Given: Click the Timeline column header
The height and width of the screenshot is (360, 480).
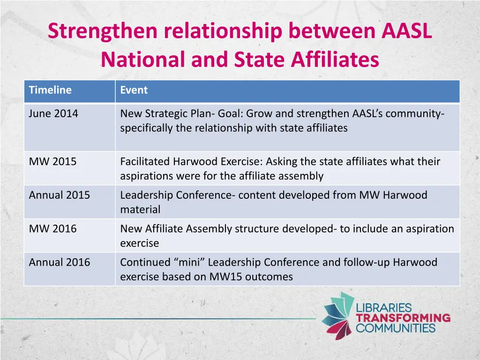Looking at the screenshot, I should point(50,90).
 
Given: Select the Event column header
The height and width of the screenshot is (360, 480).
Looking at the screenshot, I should point(134,90).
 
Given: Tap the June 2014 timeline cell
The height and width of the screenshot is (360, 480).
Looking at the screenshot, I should point(53,113).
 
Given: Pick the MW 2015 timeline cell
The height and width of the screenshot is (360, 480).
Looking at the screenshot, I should point(52,162).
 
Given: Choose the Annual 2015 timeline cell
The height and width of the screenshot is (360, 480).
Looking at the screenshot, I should point(59,195).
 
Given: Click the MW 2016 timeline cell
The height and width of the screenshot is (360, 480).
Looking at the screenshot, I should point(52,229).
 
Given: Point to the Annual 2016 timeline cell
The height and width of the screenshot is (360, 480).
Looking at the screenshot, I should point(59,262).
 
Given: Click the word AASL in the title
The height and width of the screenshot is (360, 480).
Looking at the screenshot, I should point(406,31).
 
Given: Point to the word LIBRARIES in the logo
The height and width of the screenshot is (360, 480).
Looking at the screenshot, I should point(384,308).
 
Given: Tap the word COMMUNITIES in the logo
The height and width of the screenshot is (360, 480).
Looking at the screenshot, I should point(396,328).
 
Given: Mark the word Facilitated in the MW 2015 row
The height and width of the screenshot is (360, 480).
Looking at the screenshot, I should point(145,162).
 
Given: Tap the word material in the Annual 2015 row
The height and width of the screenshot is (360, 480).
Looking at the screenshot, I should point(140,210).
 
